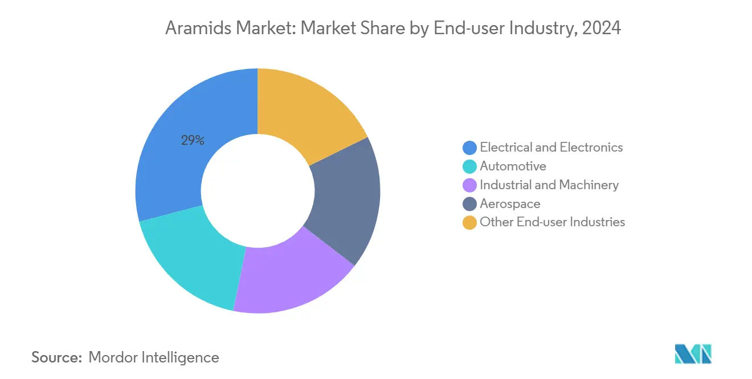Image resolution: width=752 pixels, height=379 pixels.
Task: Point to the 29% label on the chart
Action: pyautogui.click(x=193, y=140)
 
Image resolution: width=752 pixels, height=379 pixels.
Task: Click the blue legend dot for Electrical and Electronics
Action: pyautogui.click(x=469, y=148)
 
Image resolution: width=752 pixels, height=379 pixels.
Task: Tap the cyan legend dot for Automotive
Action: pyautogui.click(x=469, y=166)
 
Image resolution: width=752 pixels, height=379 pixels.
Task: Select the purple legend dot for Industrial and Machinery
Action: pyautogui.click(x=469, y=185)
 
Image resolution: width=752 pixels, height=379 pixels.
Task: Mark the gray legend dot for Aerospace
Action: pyautogui.click(x=469, y=204)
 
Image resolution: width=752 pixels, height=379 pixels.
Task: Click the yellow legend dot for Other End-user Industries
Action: pyautogui.click(x=469, y=222)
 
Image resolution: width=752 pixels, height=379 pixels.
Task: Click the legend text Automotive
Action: pyautogui.click(x=513, y=166)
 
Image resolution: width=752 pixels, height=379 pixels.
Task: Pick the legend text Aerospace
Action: pyautogui.click(x=510, y=204)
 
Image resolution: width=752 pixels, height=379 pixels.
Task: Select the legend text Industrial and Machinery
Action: pyautogui.click(x=549, y=185)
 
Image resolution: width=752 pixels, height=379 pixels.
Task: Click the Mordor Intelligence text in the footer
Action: pyautogui.click(x=154, y=357)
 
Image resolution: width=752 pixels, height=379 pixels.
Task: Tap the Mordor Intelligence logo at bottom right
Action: pyautogui.click(x=693, y=354)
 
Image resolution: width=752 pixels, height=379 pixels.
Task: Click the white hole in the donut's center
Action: pyautogui.click(x=258, y=191)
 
